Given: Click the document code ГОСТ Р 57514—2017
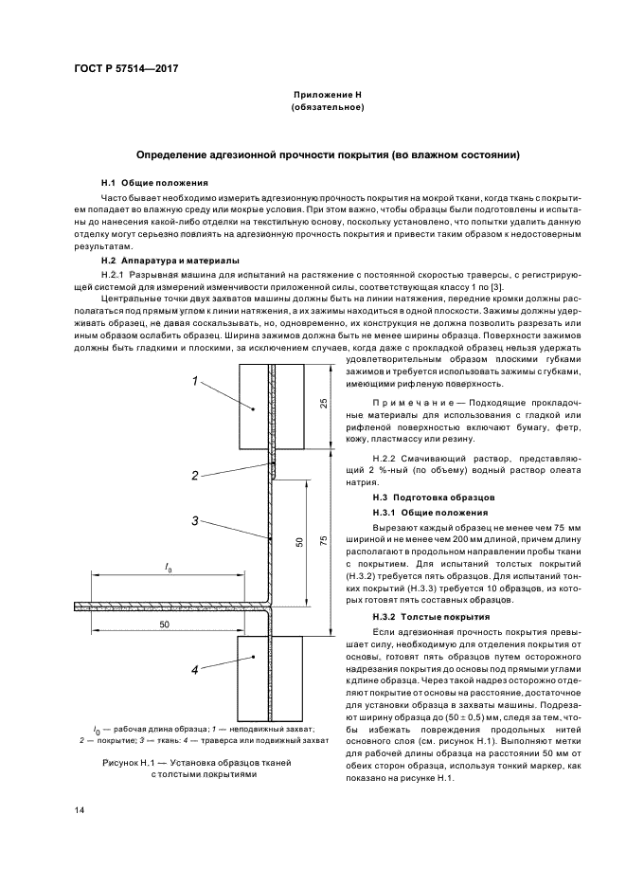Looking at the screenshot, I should [125, 70].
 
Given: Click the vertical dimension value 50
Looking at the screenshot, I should [299, 541].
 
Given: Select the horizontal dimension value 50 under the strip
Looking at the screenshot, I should [164, 625].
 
